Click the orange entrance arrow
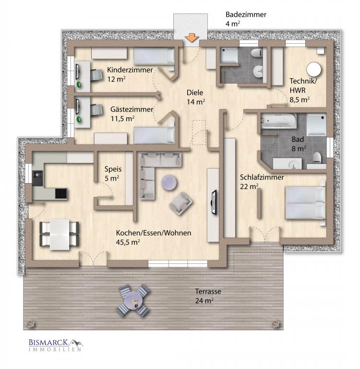[192, 38]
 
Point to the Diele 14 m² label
[196, 97]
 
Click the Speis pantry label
[113, 173]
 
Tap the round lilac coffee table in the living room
[169, 183]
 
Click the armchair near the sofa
[180, 203]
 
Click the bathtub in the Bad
[279, 121]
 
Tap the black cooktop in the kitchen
[61, 194]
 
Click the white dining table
[60, 234]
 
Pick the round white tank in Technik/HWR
[313, 70]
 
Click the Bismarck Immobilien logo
[56, 345]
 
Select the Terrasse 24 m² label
[208, 296]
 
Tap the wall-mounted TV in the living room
[214, 202]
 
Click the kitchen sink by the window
[37, 178]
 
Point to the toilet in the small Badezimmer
[256, 52]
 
